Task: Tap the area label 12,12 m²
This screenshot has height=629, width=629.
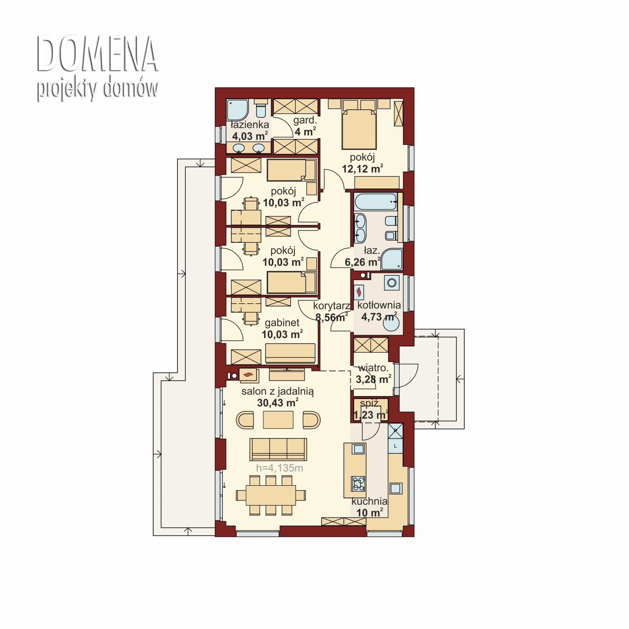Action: (362, 169)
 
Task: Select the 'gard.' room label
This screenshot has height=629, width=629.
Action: (305, 121)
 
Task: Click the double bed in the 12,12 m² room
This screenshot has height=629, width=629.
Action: (359, 123)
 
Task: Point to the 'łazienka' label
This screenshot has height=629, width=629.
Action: (250, 124)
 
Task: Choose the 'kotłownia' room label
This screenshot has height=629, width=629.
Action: (379, 305)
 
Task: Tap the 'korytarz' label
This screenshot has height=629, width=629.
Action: (332, 306)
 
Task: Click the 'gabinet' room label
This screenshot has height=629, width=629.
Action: (282, 323)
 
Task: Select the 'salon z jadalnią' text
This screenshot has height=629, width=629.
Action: (277, 392)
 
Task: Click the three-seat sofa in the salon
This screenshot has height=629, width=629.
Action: (278, 449)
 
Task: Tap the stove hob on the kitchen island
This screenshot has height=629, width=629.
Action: (358, 483)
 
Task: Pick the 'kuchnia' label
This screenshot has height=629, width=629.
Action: (369, 501)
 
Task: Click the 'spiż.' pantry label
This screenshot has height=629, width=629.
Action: (370, 404)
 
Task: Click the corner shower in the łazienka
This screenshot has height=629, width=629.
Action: (237, 109)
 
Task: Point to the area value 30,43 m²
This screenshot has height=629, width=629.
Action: (278, 402)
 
